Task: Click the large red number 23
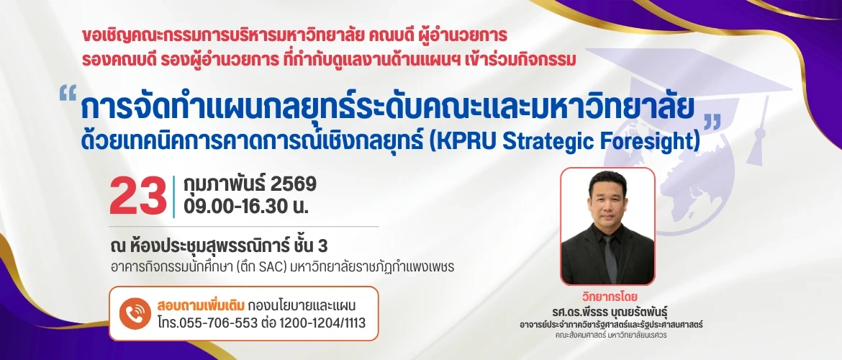pos(138,195)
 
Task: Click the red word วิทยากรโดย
pos(608,297)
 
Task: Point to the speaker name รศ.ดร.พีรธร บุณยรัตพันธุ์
pos(608,311)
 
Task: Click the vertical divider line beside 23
pos(174,195)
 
